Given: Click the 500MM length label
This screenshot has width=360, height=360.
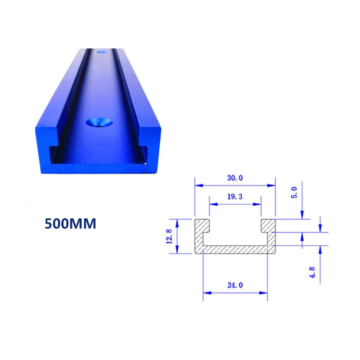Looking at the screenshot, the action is (x=70, y=224).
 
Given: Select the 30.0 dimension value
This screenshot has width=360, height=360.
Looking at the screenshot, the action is (x=235, y=178).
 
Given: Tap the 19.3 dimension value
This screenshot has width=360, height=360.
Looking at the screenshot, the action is (x=235, y=197).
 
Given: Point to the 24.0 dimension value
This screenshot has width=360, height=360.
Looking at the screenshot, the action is (x=235, y=285).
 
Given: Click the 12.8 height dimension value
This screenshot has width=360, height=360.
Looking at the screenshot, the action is (x=169, y=236).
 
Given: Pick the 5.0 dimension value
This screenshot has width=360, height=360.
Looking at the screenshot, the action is (x=294, y=193).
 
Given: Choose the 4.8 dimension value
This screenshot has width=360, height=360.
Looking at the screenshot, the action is (x=312, y=273).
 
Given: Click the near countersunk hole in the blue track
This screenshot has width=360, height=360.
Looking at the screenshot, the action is (x=99, y=122).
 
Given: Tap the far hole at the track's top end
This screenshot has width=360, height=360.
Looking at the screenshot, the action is (x=102, y=52).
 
